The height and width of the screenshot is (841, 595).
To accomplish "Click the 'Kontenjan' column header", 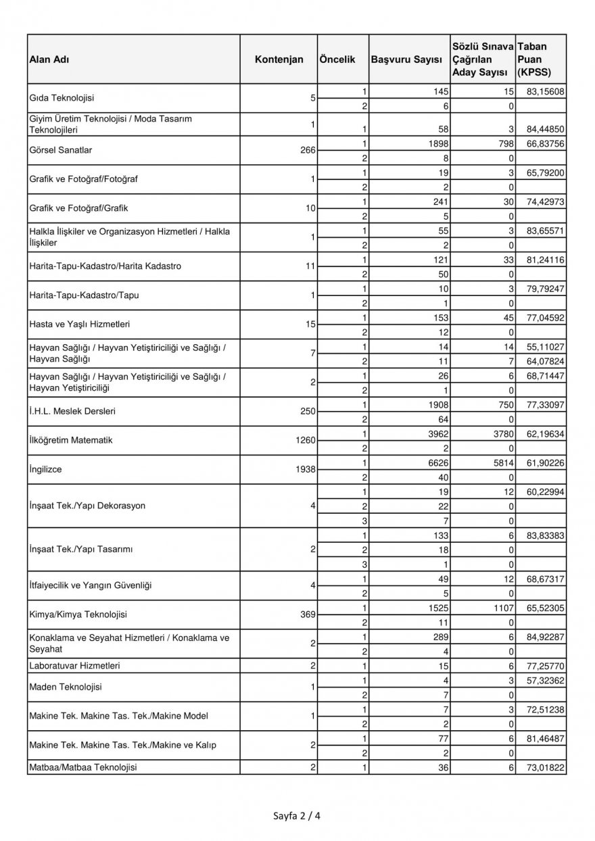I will (x=279, y=59).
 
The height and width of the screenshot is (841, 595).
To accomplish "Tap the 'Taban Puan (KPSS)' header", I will (x=533, y=59).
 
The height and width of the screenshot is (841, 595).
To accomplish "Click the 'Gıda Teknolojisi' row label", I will (x=62, y=98).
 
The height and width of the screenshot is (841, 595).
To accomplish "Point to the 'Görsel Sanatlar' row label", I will (x=59, y=151).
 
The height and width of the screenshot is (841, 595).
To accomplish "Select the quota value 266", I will (x=308, y=151).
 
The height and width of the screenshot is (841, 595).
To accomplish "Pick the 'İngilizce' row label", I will (x=46, y=469).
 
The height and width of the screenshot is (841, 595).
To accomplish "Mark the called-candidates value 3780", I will (x=501, y=433).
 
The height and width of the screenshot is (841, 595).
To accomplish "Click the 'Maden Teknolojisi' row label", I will (x=66, y=687).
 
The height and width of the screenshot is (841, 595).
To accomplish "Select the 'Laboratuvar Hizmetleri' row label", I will (x=75, y=666).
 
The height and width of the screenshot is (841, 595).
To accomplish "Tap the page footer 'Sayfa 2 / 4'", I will (x=297, y=815).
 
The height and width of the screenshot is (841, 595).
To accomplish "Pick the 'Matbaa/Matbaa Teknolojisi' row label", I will (x=83, y=767).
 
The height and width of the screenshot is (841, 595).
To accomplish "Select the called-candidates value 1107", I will (x=501, y=608).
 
